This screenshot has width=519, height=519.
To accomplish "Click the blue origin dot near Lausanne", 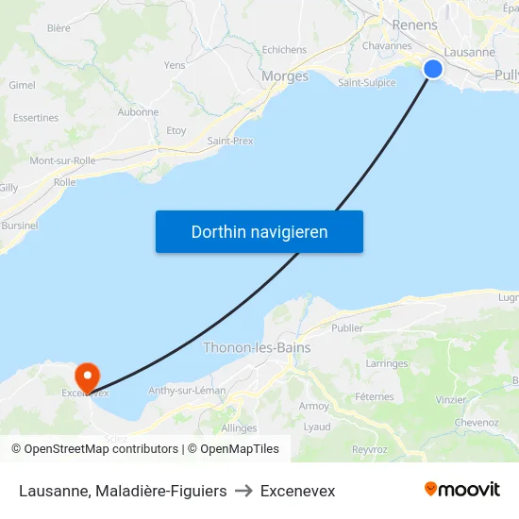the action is (432, 69).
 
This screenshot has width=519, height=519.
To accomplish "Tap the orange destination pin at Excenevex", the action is (87, 376).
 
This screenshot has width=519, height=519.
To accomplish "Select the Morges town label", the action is (284, 76).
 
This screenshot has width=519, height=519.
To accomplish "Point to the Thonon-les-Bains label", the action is (257, 347).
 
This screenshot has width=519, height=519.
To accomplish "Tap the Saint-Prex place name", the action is (230, 141).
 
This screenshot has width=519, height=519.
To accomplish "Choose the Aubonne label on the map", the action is (138, 111).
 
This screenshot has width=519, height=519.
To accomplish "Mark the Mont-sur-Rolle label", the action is (62, 160).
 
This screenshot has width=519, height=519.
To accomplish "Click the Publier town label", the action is (347, 328).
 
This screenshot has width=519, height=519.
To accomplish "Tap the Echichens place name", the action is (284, 50).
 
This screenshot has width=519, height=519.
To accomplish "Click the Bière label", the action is (59, 28).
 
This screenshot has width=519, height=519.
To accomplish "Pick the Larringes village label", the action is (386, 362).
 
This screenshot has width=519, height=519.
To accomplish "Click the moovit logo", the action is (462, 489).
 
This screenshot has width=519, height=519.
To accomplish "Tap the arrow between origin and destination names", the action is (243, 491).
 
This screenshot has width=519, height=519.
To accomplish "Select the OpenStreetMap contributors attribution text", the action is (101, 449).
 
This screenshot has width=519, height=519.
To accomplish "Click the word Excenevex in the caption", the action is (297, 491).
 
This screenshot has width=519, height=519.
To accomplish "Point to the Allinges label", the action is (239, 427).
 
